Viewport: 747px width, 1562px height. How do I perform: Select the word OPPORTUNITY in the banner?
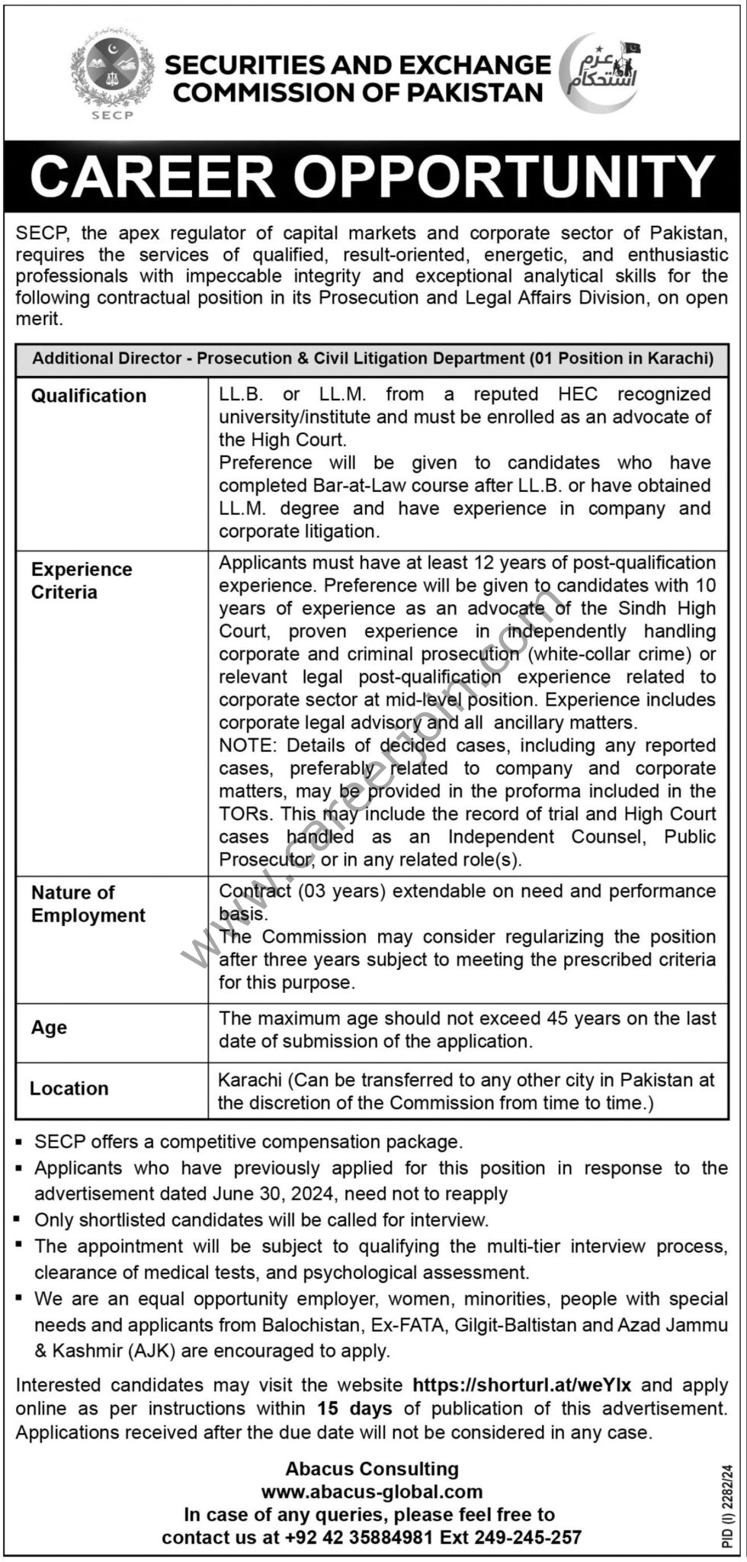click(x=504, y=177)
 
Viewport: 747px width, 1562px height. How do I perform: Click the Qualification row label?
click(x=88, y=396)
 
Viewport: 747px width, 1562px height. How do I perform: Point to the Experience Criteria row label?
click(x=82, y=580)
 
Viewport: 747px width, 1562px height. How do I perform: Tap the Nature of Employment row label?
click(x=88, y=904)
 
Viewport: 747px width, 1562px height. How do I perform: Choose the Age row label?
click(x=49, y=1027)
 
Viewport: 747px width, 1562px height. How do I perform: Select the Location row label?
click(x=69, y=1088)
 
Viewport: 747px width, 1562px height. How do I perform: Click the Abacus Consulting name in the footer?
click(x=372, y=1469)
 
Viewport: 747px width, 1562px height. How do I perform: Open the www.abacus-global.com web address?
click(x=372, y=1492)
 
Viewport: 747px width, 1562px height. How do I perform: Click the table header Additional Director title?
click(x=373, y=358)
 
